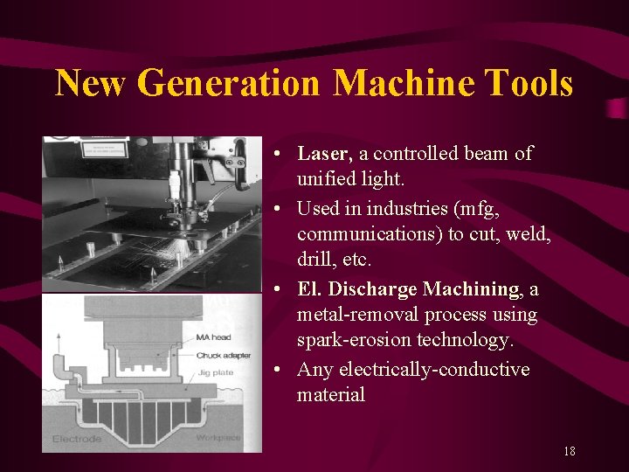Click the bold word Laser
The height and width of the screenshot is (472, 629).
324,154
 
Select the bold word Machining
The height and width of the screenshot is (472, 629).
472,288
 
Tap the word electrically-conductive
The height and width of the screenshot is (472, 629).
413,370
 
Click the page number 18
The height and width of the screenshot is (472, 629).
569,452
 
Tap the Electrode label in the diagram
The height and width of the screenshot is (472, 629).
76,439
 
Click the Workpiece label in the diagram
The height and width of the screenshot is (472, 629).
218,437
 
